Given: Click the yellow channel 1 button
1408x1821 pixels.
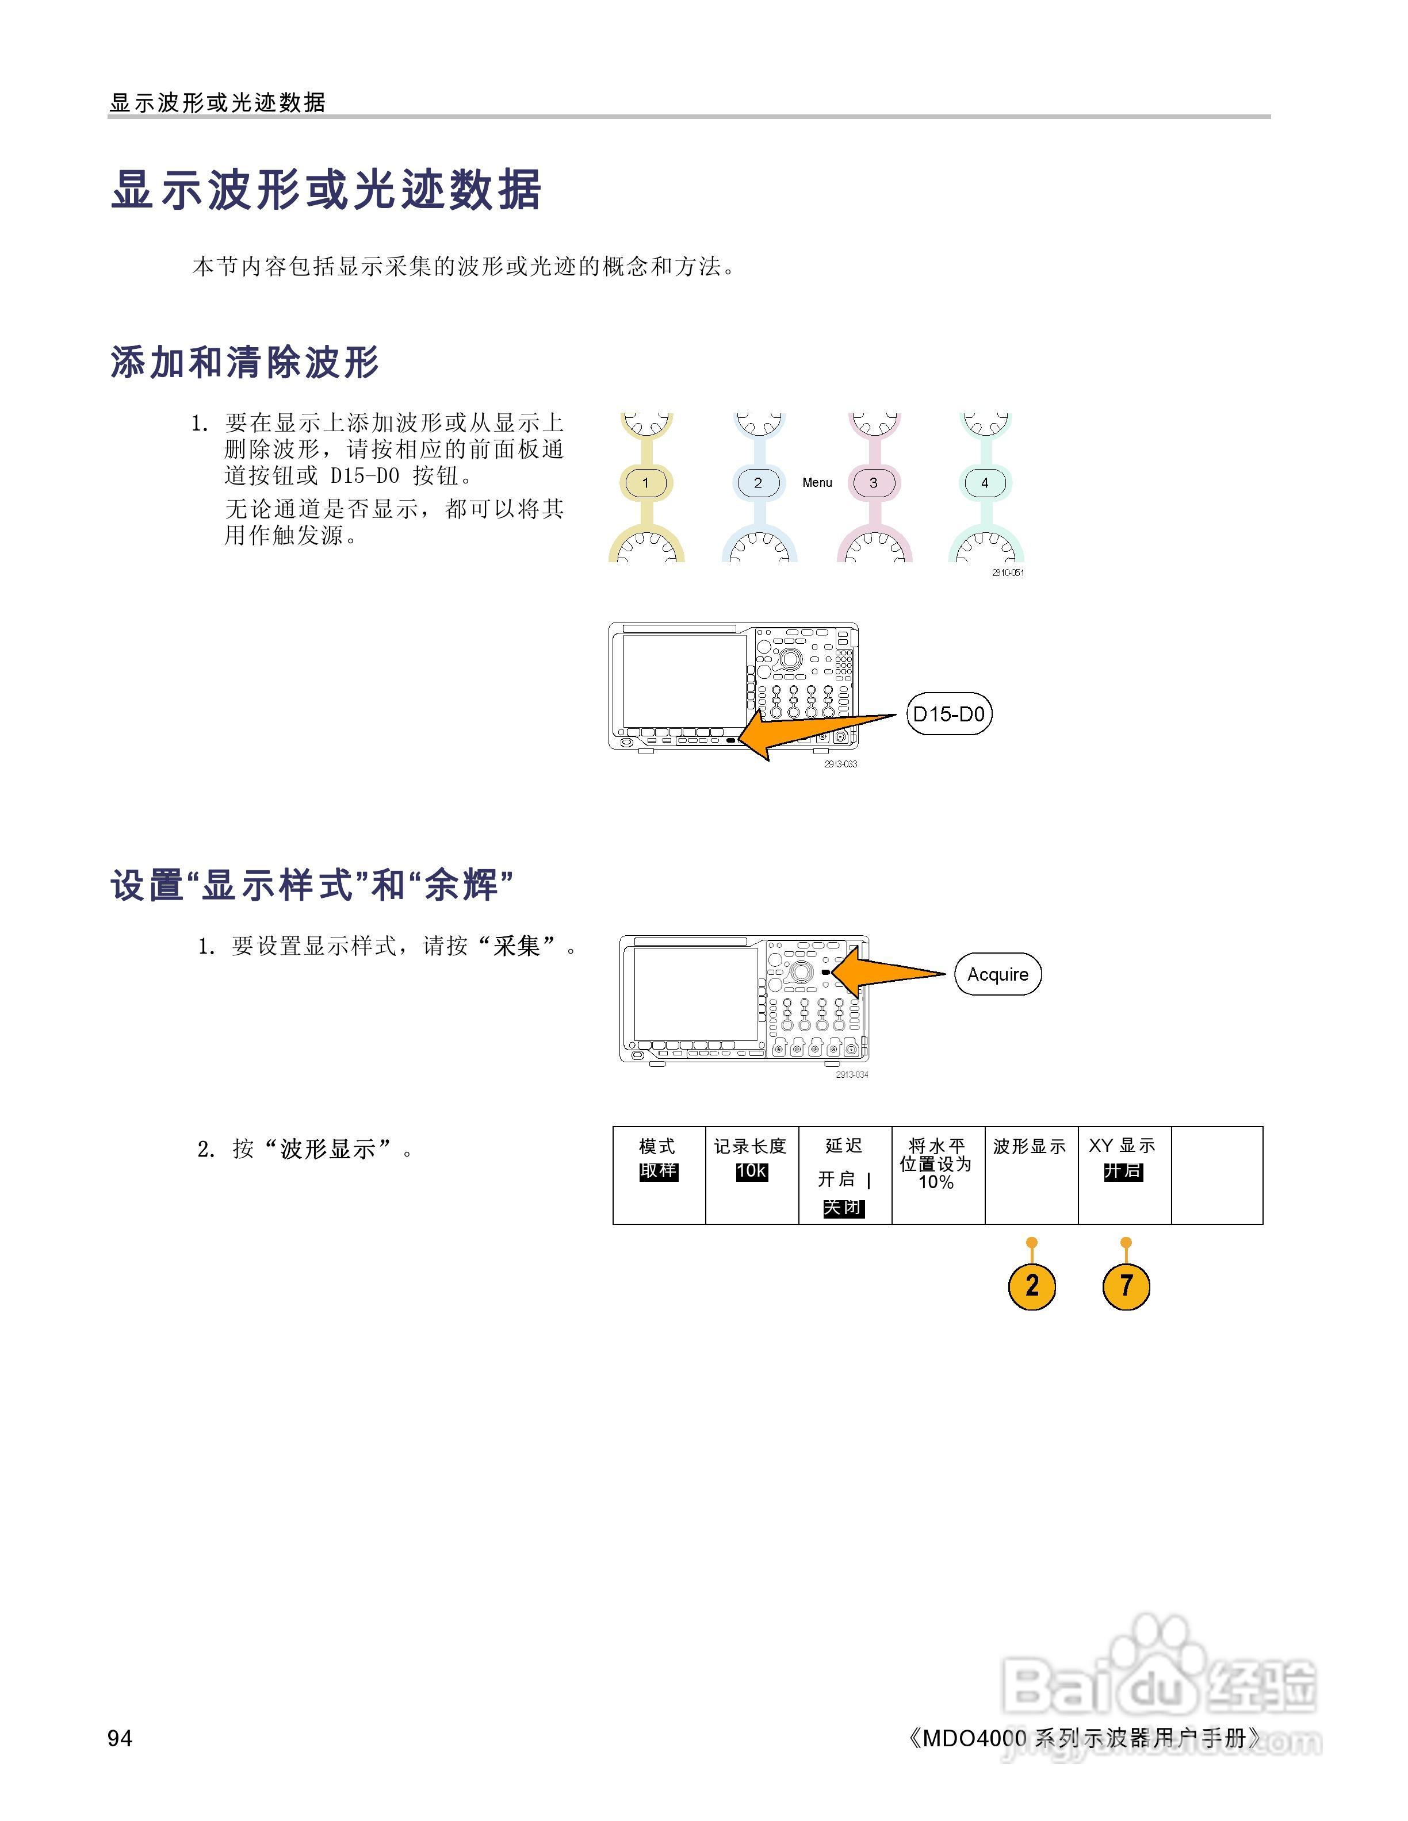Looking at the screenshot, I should click(645, 483).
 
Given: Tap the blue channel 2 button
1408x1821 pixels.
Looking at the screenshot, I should click(757, 483).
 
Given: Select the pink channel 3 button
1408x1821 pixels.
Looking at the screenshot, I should click(873, 483).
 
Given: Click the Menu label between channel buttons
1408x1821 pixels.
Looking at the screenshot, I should click(817, 483).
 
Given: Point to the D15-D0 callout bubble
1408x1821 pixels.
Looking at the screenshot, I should click(948, 714).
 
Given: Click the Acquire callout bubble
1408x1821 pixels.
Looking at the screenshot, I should click(997, 974).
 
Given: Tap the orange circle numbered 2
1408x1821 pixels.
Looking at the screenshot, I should click(1032, 1286).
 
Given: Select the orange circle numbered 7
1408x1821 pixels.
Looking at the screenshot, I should click(1126, 1286).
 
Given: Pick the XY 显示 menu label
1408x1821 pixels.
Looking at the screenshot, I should click(1122, 1147).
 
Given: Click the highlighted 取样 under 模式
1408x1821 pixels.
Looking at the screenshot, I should click(658, 1171).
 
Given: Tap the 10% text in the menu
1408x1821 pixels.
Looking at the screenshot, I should click(936, 1182).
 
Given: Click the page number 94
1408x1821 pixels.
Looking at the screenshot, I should click(120, 1738).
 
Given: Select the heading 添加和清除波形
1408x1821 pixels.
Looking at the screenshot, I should click(244, 363).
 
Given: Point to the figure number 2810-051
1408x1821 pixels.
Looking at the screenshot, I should click(1008, 573).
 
